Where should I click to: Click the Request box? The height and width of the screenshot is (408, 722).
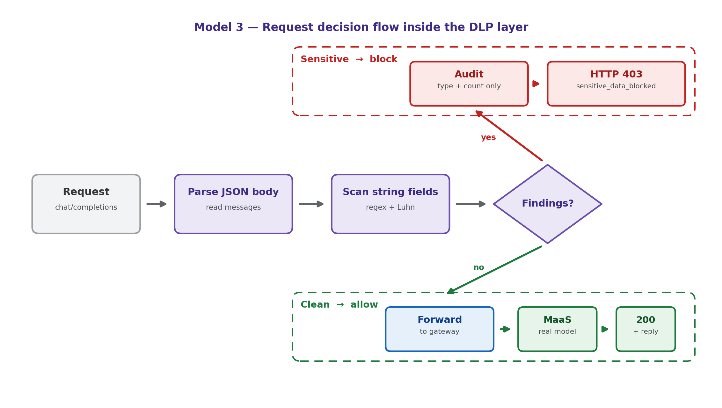(86, 204)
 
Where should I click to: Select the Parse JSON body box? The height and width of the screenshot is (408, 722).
(233, 204)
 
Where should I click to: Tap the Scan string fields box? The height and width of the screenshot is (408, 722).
(390, 204)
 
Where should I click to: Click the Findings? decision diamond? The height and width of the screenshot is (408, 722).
(548, 204)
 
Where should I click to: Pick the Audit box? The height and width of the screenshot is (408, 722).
(469, 84)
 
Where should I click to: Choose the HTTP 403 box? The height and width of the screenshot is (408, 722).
(616, 84)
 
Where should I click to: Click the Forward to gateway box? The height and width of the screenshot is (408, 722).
(440, 329)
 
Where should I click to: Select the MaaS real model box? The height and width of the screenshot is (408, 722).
(557, 329)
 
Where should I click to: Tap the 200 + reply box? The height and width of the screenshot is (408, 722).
(645, 329)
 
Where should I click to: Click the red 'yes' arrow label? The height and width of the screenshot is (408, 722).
(488, 138)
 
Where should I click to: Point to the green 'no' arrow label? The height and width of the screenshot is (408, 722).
(478, 268)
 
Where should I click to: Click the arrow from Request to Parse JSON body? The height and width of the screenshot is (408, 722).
(157, 204)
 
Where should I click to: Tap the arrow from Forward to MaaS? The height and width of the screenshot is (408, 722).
(505, 329)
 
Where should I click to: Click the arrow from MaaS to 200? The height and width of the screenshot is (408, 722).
(605, 329)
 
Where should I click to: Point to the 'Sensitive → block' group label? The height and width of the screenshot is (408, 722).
(349, 60)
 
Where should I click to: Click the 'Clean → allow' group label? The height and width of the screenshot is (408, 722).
(339, 305)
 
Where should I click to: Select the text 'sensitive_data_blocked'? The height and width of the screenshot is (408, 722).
(616, 86)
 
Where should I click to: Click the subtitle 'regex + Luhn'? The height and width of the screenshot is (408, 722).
(390, 208)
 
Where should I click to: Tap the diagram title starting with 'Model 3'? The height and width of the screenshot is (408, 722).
(361, 27)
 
